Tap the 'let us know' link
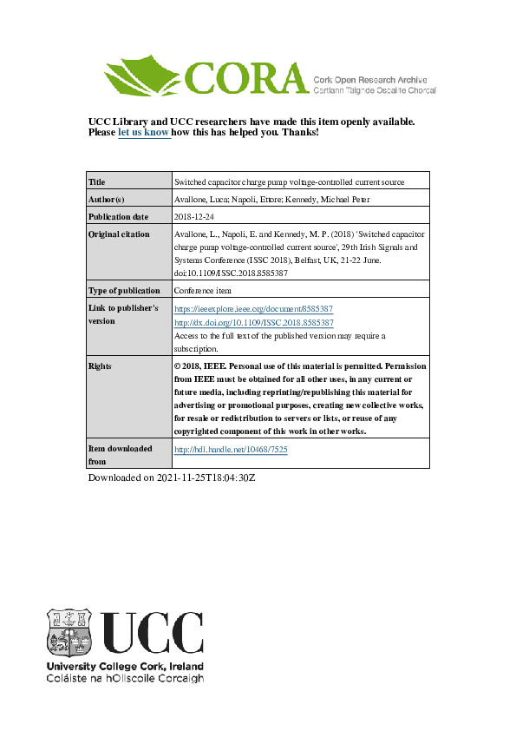(x=143, y=133)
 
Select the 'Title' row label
(x=97, y=182)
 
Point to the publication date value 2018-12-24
(x=195, y=216)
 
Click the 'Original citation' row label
(x=120, y=234)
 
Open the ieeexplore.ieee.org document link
(x=254, y=308)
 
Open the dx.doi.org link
(x=254, y=322)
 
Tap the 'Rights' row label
(x=101, y=366)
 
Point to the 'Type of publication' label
(x=124, y=291)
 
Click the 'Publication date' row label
(x=119, y=216)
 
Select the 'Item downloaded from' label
(x=120, y=454)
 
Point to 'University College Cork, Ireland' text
(x=124, y=666)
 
